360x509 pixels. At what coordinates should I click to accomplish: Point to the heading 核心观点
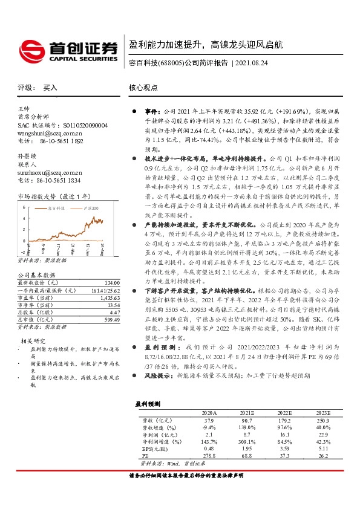tap(143, 88)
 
